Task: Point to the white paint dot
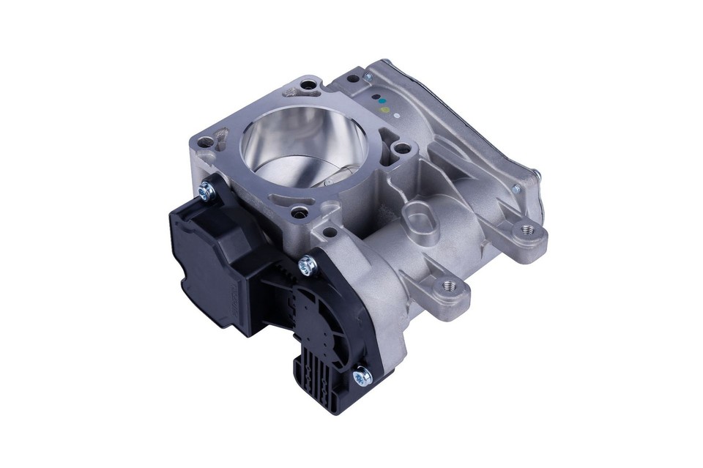pyautogui.click(x=395, y=114)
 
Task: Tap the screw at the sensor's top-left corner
pyautogui.click(x=204, y=192)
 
